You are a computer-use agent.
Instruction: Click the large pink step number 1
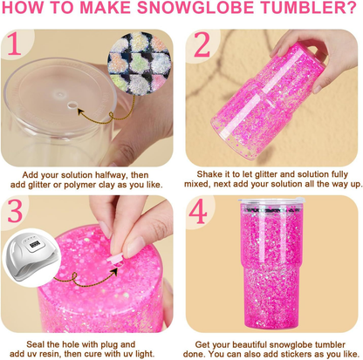14,44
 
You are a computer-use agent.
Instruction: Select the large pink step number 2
202,44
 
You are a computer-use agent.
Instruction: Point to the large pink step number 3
15,211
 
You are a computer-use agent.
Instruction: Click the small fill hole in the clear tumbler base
72,105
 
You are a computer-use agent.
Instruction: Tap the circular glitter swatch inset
139,63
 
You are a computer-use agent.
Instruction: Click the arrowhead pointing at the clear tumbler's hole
81,112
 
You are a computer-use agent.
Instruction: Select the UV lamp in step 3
31,255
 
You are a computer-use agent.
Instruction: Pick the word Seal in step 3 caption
35,344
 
